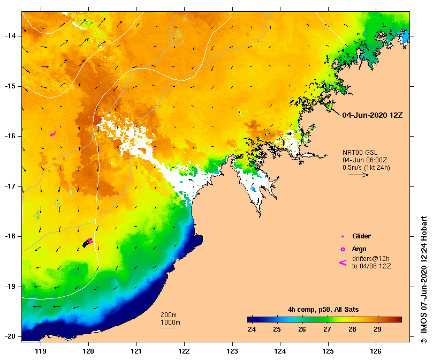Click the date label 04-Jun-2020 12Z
click(372, 115)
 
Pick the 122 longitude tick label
click(184, 351)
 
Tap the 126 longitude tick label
click(376, 351)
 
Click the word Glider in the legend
click(361, 236)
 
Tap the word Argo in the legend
click(359, 249)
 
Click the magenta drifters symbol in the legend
click(343, 262)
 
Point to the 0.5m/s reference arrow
click(359, 175)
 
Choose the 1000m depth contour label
click(170, 322)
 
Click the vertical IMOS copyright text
click(423, 279)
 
